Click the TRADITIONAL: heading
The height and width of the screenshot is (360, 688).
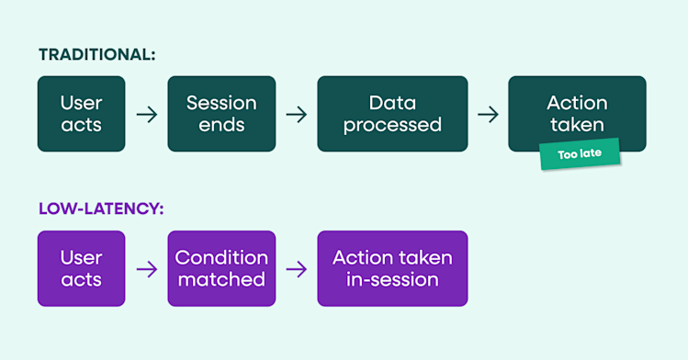pyautogui.click(x=97, y=55)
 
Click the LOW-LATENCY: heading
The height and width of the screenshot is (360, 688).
pyautogui.click(x=101, y=208)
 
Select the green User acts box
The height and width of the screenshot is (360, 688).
pyautogui.click(x=81, y=114)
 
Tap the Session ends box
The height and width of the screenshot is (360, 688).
pyautogui.click(x=221, y=114)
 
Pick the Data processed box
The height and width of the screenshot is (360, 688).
pyautogui.click(x=392, y=114)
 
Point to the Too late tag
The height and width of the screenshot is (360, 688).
pyautogui.click(x=580, y=153)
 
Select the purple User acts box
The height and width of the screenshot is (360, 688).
pyautogui.click(x=81, y=268)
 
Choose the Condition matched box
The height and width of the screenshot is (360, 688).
pyautogui.click(x=221, y=268)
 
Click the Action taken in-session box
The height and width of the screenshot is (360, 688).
pyautogui.click(x=392, y=268)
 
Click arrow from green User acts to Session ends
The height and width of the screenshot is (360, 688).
pyautogui.click(x=146, y=115)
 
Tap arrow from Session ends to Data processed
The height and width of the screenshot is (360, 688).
pyautogui.click(x=296, y=115)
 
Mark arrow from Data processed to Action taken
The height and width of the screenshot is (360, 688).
pyautogui.click(x=488, y=115)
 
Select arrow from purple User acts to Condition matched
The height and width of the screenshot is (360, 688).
pyautogui.click(x=146, y=269)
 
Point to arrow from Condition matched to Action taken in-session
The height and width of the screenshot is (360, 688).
pyautogui.click(x=296, y=269)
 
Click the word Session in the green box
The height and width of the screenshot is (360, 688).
pyautogui.click(x=221, y=103)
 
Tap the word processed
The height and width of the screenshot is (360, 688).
pyautogui.click(x=392, y=125)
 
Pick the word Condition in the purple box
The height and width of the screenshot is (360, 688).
pyautogui.click(x=221, y=257)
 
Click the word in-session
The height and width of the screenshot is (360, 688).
pyautogui.click(x=392, y=279)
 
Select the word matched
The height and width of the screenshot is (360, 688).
pyautogui.click(x=221, y=279)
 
